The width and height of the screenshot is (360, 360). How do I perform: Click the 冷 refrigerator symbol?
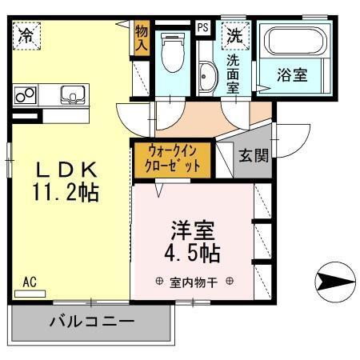(x=27, y=35)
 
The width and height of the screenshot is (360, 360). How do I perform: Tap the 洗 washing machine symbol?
(x=234, y=36)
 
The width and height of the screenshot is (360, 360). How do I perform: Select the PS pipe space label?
(x=203, y=27)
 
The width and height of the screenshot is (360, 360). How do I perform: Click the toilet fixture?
(x=169, y=54)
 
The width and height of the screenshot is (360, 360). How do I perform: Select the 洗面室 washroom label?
(x=233, y=73)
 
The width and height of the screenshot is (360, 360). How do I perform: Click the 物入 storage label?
(x=142, y=37)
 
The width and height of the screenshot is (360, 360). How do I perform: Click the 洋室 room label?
(x=192, y=230)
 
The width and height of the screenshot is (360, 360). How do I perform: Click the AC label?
(x=30, y=282)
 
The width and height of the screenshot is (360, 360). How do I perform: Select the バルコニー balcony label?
(x=91, y=322)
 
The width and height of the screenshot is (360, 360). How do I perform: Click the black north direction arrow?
(x=334, y=281)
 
